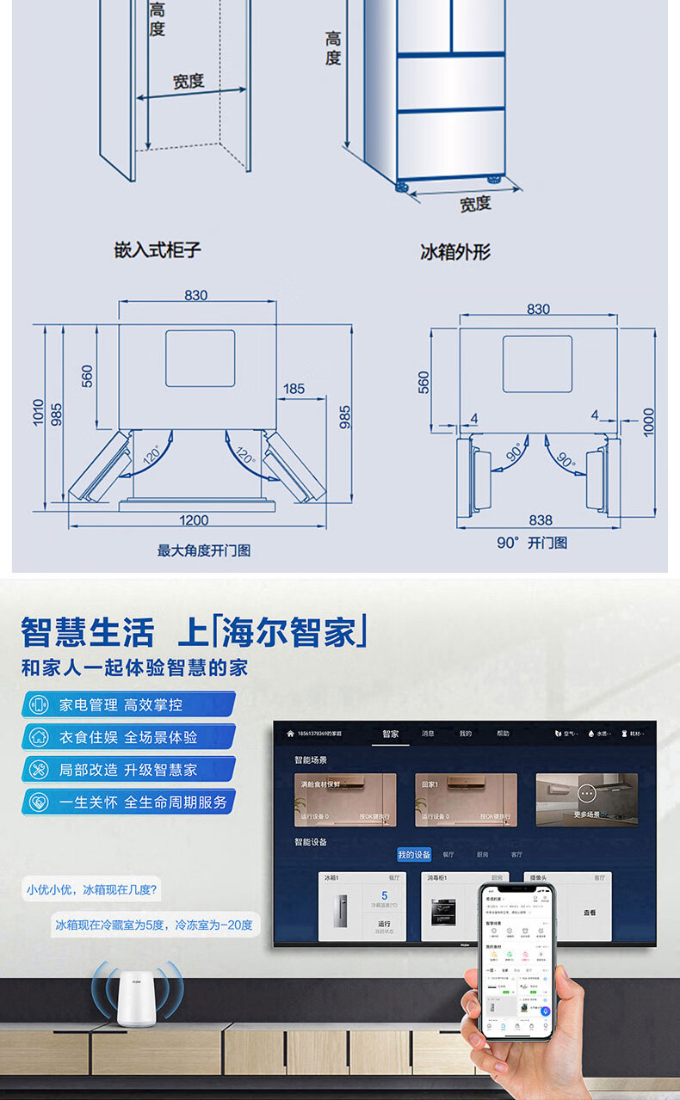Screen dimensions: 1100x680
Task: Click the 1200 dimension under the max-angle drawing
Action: pos(195,520)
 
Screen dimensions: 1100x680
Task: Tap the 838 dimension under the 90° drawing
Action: pos(541,520)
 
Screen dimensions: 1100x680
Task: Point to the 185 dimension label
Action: pos(294,389)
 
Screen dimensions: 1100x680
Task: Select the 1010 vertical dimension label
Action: pos(39,411)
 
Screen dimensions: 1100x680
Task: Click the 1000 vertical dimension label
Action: pos(648,421)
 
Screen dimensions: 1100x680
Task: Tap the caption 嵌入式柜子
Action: pos(158,250)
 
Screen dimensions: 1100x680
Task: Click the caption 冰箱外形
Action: pos(455,252)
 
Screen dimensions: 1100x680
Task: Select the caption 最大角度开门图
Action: pos(204,550)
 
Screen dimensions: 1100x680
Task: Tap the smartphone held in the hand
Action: pos(516,963)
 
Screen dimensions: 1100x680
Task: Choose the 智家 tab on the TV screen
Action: pos(391,734)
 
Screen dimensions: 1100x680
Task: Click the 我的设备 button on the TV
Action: pos(414,854)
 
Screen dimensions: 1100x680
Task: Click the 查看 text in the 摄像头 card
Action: pos(590,913)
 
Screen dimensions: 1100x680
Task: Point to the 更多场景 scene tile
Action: pos(587,799)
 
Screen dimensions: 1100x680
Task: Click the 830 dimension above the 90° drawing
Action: pos(538,309)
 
